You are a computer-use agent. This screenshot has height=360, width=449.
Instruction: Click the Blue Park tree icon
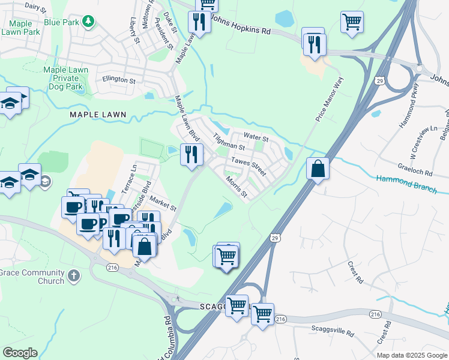[89, 22]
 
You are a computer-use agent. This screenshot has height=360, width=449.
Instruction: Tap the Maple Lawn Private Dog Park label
[65, 78]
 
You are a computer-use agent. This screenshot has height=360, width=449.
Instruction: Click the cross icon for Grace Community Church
[74, 276]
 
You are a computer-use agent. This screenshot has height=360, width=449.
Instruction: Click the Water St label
[255, 138]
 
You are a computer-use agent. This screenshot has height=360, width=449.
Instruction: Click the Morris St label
[236, 187]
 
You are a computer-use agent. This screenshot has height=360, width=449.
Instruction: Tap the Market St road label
[163, 204]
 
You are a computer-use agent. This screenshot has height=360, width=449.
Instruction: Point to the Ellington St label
[119, 80]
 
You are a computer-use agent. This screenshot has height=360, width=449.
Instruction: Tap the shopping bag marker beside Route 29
[318, 169]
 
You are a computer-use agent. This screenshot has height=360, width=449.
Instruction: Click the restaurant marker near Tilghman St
[191, 155]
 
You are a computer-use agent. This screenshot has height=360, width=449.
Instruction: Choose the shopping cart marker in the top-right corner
[352, 22]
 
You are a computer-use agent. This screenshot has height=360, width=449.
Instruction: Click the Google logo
[20, 353]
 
